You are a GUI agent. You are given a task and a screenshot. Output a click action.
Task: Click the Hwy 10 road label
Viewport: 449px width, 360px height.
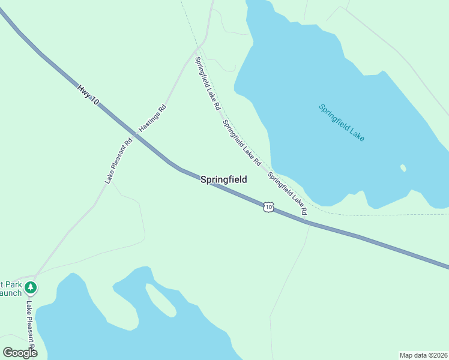88,95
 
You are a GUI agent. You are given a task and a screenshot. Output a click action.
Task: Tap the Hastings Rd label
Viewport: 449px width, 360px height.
152,118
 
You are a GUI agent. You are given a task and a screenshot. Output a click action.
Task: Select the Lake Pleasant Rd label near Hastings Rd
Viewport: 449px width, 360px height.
118,161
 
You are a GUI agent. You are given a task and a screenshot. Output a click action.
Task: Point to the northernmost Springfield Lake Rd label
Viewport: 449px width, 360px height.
208,83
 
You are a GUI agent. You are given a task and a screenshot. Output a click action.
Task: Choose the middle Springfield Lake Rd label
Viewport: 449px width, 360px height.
241,143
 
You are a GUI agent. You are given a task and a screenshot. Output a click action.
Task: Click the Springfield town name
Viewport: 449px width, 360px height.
223,179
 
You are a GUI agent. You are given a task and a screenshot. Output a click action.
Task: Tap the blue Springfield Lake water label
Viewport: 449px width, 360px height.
342,122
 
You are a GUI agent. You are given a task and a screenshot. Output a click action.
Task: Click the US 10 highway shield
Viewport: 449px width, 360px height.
268,207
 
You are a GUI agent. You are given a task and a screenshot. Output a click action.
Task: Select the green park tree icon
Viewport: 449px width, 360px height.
31,288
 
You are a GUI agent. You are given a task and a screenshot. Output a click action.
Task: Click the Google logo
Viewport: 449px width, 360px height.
20,353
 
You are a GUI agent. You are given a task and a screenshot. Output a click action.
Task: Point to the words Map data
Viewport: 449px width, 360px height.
414,355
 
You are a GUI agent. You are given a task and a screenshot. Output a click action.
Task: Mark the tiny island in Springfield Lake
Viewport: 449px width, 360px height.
403,168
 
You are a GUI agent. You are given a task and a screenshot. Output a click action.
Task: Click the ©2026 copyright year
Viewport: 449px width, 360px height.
438,355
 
